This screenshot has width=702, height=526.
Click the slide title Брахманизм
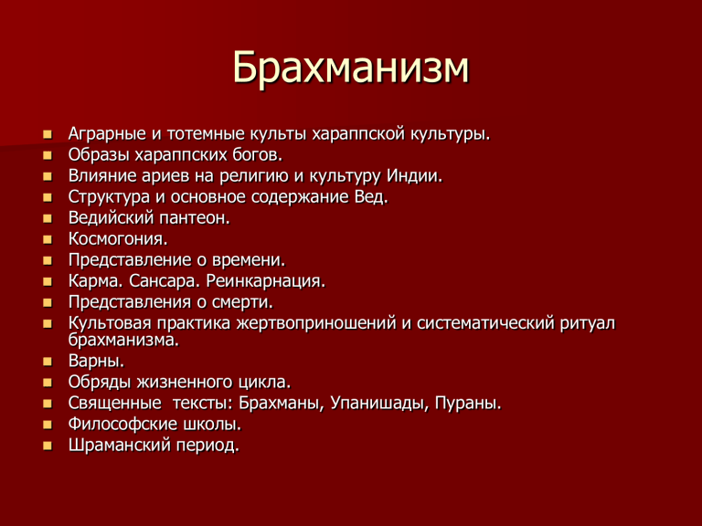[351, 68]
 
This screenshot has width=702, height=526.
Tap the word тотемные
[206, 133]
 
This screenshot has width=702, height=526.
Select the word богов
[258, 154]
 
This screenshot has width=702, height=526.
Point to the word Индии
[415, 175]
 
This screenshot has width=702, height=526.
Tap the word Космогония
[118, 239]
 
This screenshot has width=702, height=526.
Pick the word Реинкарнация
[266, 282]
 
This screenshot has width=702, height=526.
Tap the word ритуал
[588, 323]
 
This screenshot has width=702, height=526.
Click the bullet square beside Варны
[48, 362]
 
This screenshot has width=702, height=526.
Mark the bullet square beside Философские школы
[48, 425]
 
